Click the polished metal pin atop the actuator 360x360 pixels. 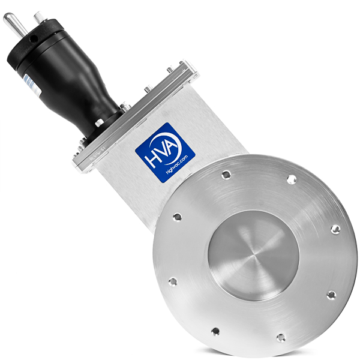click(x=14, y=23)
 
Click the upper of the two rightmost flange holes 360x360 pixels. click(x=335, y=229)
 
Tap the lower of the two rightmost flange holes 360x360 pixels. click(x=331, y=295)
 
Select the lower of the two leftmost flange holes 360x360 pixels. click(x=172, y=281)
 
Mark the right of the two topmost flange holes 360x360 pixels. click(x=291, y=179)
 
